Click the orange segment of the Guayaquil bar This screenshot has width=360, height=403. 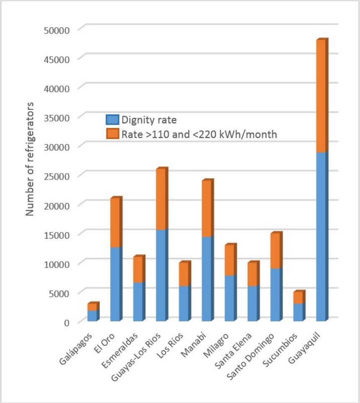[321, 96]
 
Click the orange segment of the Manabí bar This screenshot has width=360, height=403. [206, 210]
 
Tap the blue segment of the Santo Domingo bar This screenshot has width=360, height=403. [275, 295]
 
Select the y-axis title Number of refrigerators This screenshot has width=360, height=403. [30, 159]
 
